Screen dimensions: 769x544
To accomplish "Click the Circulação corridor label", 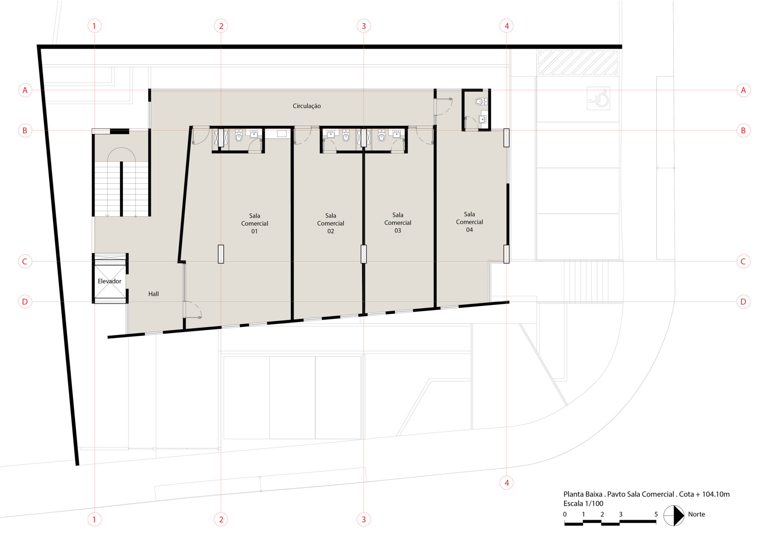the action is click(x=307, y=106).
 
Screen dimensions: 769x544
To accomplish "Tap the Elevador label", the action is click(x=109, y=281).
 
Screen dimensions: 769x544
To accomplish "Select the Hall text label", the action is click(x=153, y=294).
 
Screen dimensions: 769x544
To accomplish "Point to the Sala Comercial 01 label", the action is click(x=255, y=224).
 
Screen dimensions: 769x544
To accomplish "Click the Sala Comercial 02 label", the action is click(x=330, y=223).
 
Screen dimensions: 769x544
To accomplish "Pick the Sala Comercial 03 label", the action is click(x=398, y=223).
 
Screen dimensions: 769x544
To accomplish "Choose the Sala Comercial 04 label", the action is click(x=469, y=222).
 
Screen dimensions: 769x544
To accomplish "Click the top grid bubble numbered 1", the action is click(x=94, y=26).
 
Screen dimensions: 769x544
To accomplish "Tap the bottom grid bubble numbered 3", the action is click(x=363, y=519).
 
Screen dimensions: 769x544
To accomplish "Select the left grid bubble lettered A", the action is click(x=25, y=90).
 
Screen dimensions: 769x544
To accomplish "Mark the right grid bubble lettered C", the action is click(x=743, y=261).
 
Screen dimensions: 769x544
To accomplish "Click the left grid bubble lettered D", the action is click(x=25, y=302).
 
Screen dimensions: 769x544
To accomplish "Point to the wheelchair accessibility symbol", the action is click(x=598, y=98).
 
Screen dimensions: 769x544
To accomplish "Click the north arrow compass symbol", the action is click(x=674, y=515).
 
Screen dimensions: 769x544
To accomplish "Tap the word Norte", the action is click(x=697, y=514).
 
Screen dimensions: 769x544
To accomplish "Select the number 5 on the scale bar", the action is click(x=656, y=514).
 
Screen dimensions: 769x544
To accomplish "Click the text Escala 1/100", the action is click(x=583, y=503).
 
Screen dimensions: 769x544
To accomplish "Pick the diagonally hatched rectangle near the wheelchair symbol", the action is click(x=578, y=62).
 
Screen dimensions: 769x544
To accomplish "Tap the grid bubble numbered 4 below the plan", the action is click(x=507, y=483).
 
